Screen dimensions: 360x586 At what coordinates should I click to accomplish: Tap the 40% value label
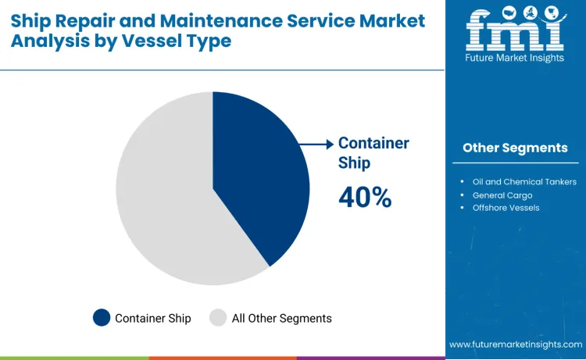pyautogui.click(x=365, y=198)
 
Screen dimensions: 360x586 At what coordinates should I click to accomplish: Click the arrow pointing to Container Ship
pyautogui.click(x=317, y=144)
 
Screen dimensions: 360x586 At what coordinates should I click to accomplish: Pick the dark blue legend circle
pyautogui.click(x=101, y=317)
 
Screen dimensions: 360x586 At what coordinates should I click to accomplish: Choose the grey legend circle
pyautogui.click(x=218, y=317)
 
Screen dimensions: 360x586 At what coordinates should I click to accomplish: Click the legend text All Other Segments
pyautogui.click(x=281, y=318)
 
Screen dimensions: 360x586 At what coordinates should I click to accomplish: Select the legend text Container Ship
pyautogui.click(x=154, y=318)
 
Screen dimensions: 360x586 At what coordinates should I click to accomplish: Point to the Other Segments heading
pyautogui.click(x=515, y=148)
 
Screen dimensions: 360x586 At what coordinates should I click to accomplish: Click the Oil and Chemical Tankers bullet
pyautogui.click(x=529, y=181)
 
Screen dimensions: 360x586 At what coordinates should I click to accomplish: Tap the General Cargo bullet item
pyautogui.click(x=502, y=194)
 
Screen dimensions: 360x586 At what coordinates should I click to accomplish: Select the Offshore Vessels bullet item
pyautogui.click(x=506, y=208)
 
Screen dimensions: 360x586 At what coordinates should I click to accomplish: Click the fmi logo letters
pyautogui.click(x=515, y=29)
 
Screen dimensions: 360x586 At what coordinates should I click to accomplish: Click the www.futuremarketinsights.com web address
pyautogui.click(x=516, y=344)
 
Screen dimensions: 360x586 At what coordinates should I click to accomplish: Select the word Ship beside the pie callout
pyautogui.click(x=354, y=162)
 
